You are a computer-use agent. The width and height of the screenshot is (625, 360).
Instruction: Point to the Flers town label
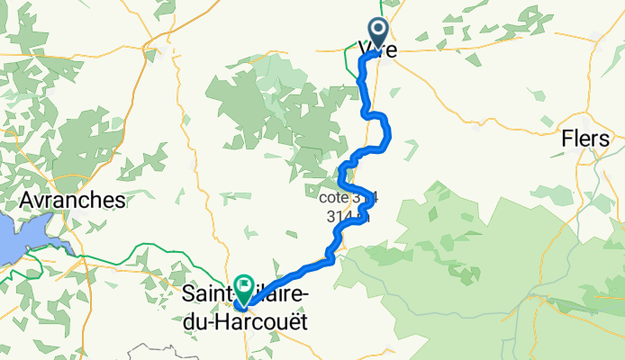(585, 140)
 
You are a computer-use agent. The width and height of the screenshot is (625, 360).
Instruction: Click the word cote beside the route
(335, 196)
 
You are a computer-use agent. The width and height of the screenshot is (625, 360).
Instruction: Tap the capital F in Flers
(566, 140)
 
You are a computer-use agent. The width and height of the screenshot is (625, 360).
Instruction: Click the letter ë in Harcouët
(294, 316)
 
